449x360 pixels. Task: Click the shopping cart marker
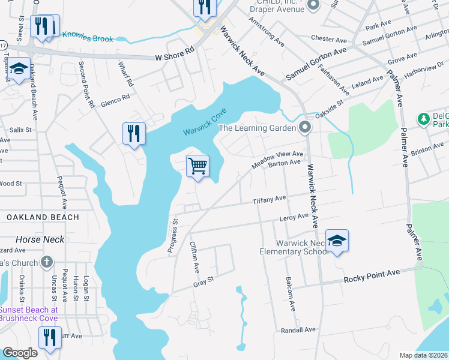pyautogui.click(x=197, y=166)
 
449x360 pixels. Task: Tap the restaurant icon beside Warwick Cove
pyautogui.click(x=134, y=133)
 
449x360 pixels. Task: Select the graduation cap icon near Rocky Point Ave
pyautogui.click(x=337, y=241)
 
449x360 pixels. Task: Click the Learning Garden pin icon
pyautogui.click(x=305, y=127)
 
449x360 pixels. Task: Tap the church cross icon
pyautogui.click(x=47, y=262)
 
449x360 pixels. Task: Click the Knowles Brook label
pyautogui.click(x=87, y=37)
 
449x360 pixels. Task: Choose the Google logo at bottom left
pyautogui.click(x=19, y=353)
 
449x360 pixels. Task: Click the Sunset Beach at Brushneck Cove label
pyautogui.click(x=29, y=314)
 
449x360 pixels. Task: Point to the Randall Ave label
pyautogui.click(x=298, y=329)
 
